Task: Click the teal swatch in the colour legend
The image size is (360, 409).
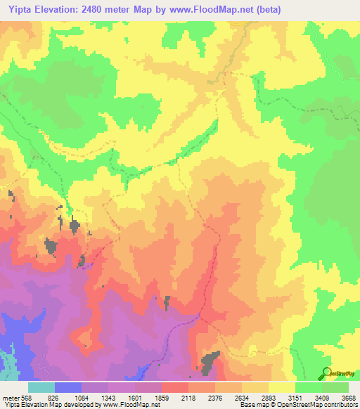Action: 41,387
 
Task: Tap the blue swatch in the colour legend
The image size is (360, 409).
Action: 68,387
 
